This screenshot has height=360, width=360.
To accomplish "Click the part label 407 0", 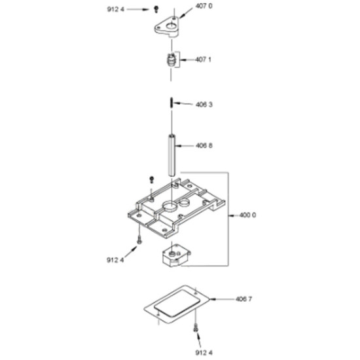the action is tap(204, 6).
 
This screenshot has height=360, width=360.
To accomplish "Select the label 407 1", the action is tap(203, 60).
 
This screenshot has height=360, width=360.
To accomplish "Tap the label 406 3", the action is tap(204, 105).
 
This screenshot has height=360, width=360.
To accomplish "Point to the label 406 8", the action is tap(204, 145).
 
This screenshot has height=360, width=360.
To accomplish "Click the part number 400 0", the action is tap(247, 215).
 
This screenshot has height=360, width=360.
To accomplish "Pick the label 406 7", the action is tap(243, 299).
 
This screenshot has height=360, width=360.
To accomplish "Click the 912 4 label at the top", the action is tap(115, 9).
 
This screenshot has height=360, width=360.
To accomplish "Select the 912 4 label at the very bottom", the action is tap(204, 352).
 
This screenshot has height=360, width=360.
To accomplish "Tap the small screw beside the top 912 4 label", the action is tap(156, 9).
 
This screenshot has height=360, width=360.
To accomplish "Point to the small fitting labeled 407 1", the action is tap(171, 60).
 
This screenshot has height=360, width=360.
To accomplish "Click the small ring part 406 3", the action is tap(171, 102).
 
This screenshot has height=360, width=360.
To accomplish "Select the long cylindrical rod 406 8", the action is tap(171, 155).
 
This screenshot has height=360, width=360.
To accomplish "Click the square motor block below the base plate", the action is tap(176, 255).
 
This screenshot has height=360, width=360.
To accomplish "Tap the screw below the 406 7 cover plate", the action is tap(196, 327).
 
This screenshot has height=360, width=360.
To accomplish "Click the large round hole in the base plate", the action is tap(170, 205).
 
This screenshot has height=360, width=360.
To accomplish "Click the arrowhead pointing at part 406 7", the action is tap(212, 299).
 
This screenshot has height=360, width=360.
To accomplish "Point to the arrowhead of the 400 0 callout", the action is tap(232, 215).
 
